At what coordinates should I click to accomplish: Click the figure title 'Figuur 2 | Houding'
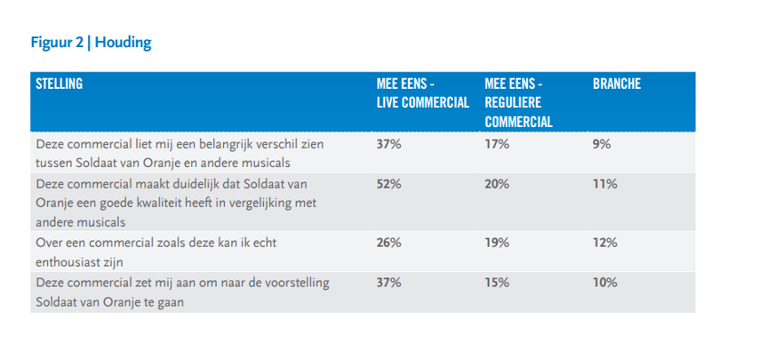coord(91,42)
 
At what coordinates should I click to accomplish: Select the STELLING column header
coord(59,84)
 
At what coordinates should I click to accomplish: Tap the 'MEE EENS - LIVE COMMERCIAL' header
coord(422,93)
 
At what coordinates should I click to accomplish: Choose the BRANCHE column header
coord(617,84)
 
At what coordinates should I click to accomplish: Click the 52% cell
coord(389,185)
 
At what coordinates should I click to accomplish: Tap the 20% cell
coord(497,185)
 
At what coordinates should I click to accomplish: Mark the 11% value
coord(604,185)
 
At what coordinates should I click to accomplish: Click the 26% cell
coord(389,243)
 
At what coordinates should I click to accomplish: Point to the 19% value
coord(496,243)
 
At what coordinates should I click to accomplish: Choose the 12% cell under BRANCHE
coord(604,243)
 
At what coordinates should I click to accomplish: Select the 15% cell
coord(496,283)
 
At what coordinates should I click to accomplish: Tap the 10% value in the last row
coord(604,283)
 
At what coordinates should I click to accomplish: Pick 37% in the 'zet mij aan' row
coord(389,283)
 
